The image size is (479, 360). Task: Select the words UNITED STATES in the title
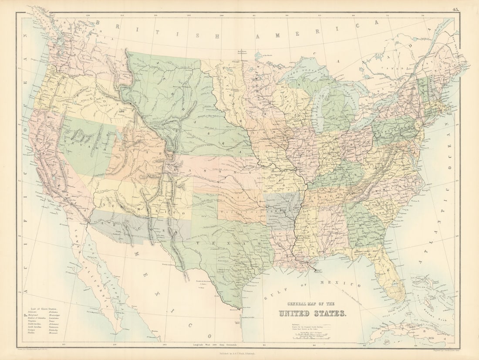[x=312, y=313]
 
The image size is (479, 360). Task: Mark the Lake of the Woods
[x=260, y=55]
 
